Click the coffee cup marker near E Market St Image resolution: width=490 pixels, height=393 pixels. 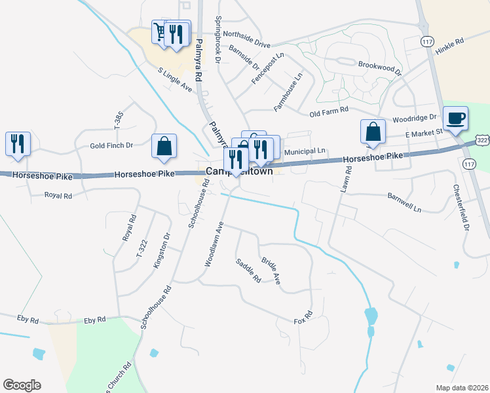(455, 119)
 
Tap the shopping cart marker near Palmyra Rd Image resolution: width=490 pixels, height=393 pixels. (160, 31)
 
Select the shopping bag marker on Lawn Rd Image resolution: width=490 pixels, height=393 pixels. (373, 131)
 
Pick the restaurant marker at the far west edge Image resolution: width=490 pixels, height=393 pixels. (18, 143)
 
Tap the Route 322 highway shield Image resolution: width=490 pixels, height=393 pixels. (482, 141)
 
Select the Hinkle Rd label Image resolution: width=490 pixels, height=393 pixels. (451, 41)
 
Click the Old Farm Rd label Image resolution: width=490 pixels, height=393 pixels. (328, 113)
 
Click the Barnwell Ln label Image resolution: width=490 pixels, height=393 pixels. (404, 202)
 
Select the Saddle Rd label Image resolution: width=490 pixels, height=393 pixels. (248, 270)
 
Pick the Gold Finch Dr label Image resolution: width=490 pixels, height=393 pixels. (111, 145)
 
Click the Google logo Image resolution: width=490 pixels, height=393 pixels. (22, 385)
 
